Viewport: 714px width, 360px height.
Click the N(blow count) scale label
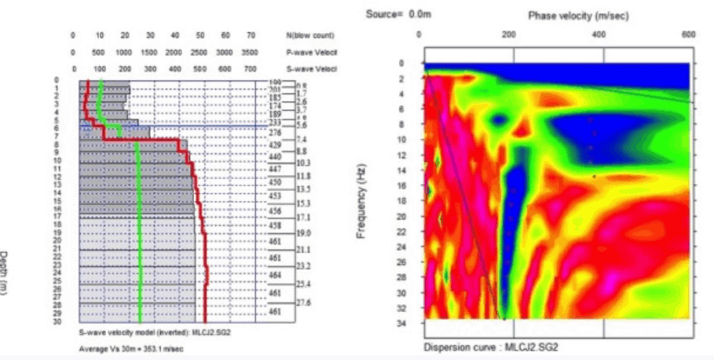310,35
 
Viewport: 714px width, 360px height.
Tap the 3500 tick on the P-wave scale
250,52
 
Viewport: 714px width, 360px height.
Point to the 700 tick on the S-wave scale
250,68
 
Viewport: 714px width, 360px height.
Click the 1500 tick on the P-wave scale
148,52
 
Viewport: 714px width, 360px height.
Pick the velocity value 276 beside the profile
274,132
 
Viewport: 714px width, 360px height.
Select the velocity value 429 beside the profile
274,145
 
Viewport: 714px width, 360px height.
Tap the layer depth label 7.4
302,139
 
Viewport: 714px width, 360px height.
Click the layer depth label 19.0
303,233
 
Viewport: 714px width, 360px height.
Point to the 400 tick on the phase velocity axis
600,35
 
